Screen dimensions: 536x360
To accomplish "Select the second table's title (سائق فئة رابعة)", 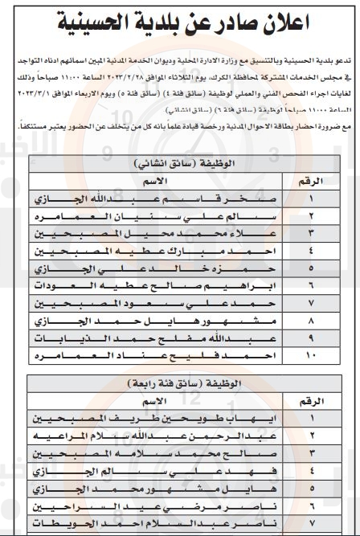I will (180, 384).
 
